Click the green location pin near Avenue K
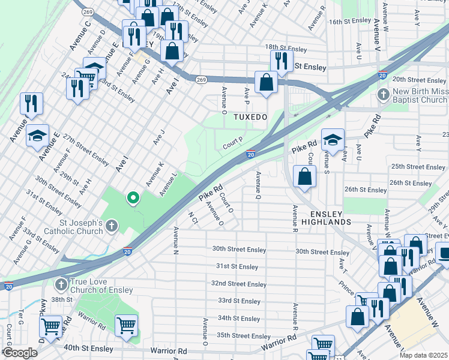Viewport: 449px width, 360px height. pos(133,197)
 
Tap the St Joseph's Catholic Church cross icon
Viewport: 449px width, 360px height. pos(111,226)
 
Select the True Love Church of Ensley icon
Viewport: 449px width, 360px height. pos(61,283)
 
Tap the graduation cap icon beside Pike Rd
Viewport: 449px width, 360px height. pos(333,140)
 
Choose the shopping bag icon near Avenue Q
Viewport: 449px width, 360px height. pos(305,176)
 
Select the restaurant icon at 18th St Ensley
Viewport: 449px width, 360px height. pos(281,60)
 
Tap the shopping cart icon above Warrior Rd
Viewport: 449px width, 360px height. pos(126,326)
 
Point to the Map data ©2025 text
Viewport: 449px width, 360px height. pos(423,355)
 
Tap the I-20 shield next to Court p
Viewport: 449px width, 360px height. pos(251,154)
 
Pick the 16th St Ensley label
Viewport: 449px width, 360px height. pos(350,20)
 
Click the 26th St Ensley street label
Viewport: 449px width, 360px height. pos(366,190)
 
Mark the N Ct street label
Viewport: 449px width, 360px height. pos(193,217)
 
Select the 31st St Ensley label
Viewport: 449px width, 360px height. pos(237,266)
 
